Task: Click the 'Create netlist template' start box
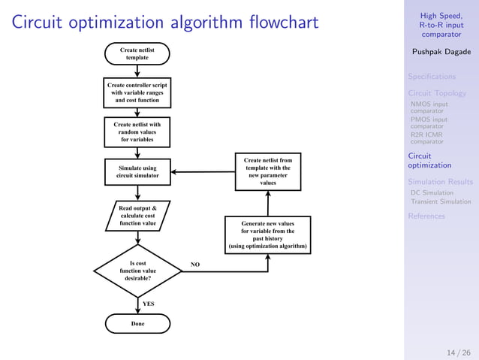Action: (x=137, y=53)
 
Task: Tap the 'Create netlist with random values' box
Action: (x=137, y=132)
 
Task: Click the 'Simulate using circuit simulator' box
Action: (x=137, y=171)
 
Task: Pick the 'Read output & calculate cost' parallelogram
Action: (x=137, y=215)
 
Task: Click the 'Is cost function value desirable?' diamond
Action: (x=137, y=271)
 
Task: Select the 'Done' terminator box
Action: (x=137, y=323)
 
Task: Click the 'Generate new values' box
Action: (x=268, y=234)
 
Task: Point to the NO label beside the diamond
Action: (x=195, y=265)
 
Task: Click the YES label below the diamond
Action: (x=149, y=304)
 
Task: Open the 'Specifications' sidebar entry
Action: (x=432, y=77)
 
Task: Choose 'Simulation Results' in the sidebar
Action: (x=440, y=182)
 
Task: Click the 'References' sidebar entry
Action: (x=426, y=216)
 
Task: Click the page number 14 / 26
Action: (x=458, y=352)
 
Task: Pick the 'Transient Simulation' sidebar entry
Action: (x=441, y=201)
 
